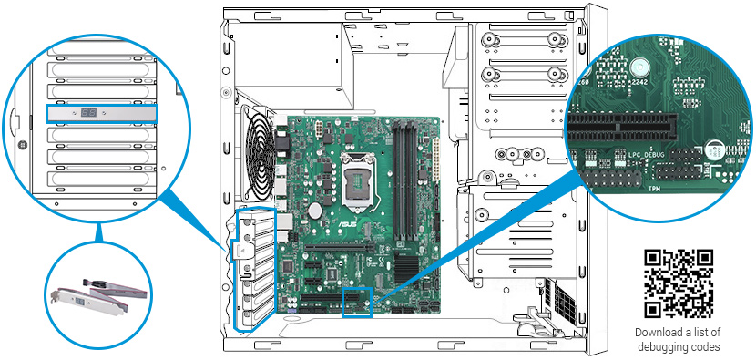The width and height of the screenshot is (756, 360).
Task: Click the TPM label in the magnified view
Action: (x=653, y=189)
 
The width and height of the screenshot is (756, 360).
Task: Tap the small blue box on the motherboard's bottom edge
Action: (x=357, y=303)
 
